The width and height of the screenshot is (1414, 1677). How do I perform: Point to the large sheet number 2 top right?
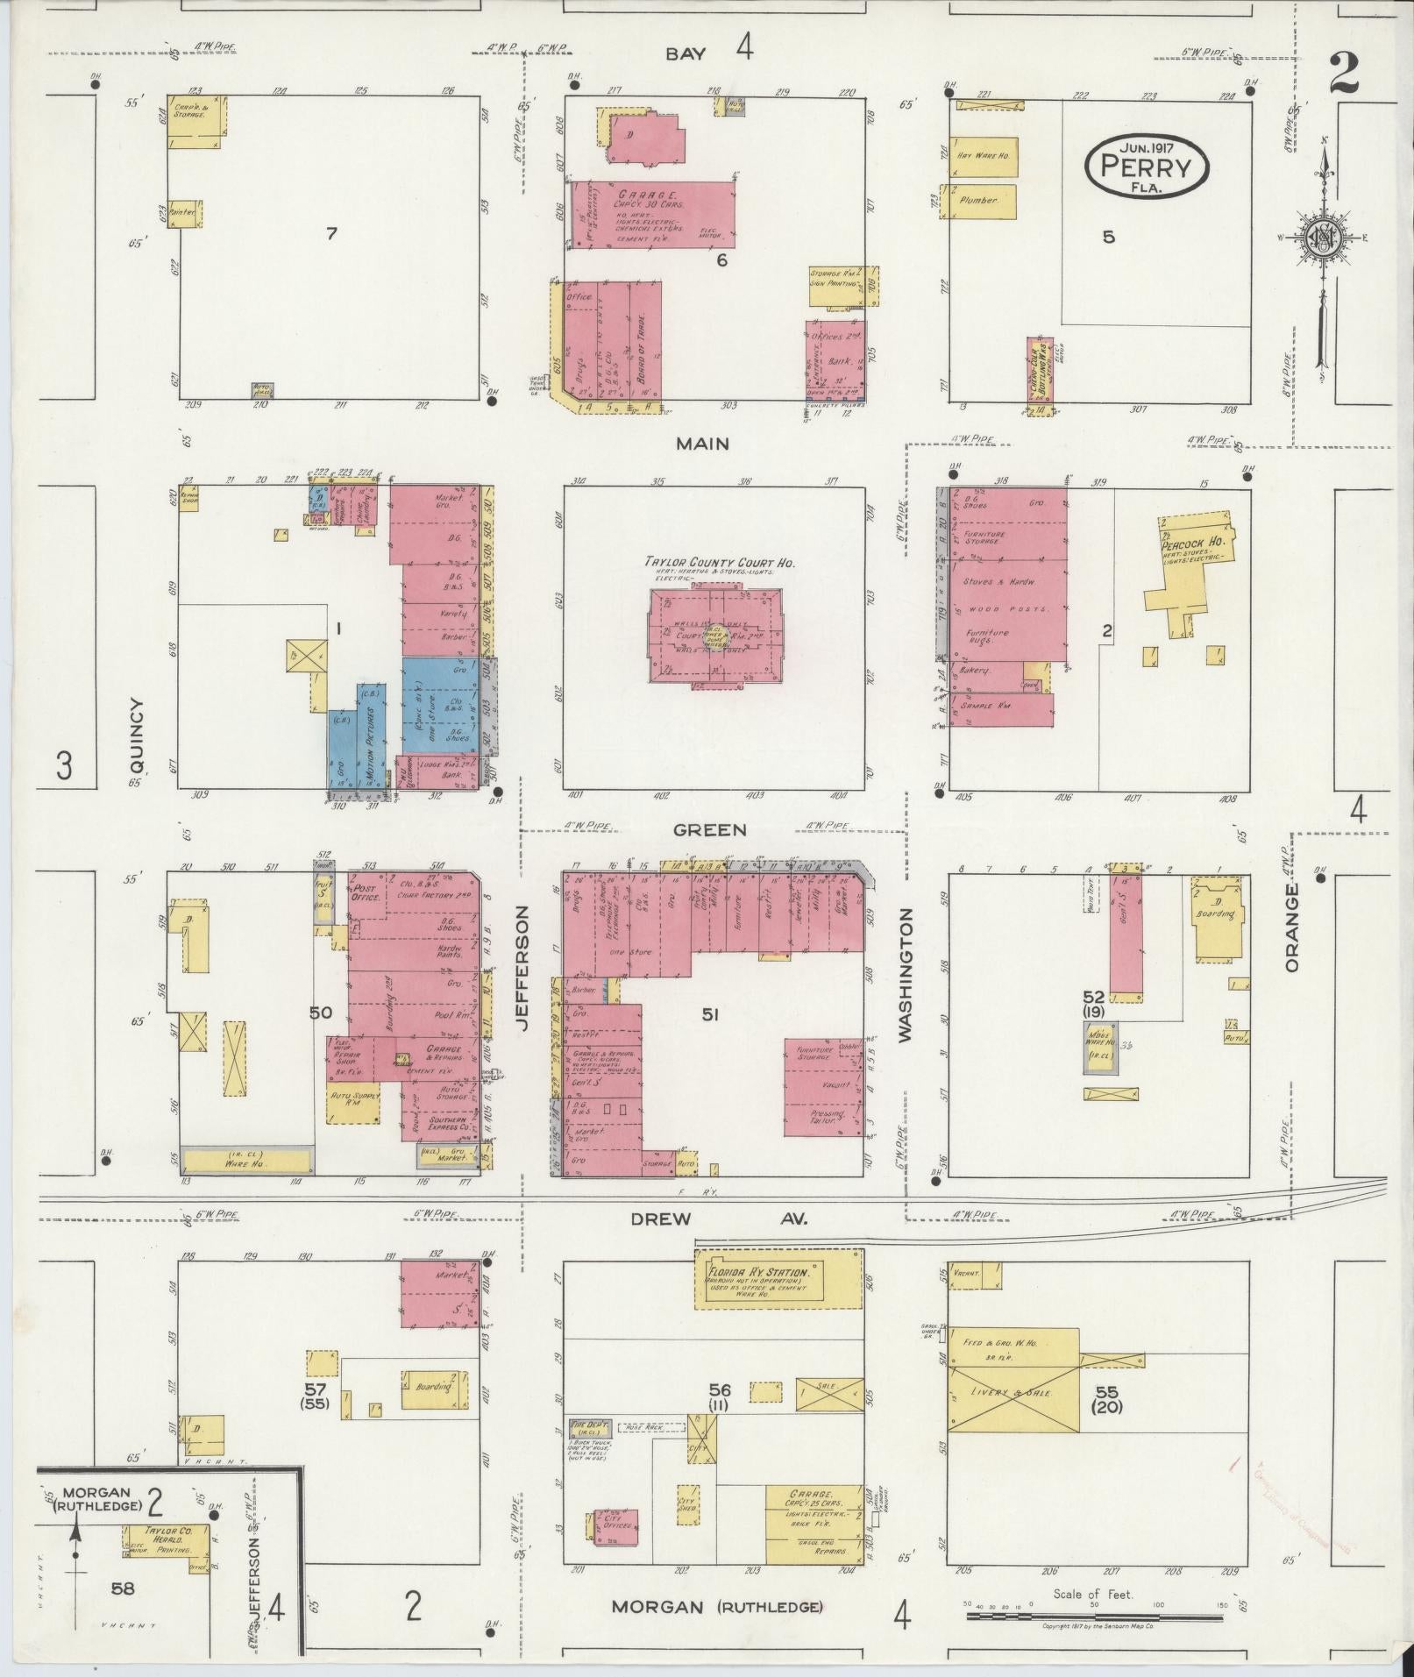1344,74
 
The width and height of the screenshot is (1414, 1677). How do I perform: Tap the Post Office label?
366,892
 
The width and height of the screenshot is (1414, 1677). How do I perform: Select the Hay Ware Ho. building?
984,157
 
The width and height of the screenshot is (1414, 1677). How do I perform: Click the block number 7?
331,233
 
